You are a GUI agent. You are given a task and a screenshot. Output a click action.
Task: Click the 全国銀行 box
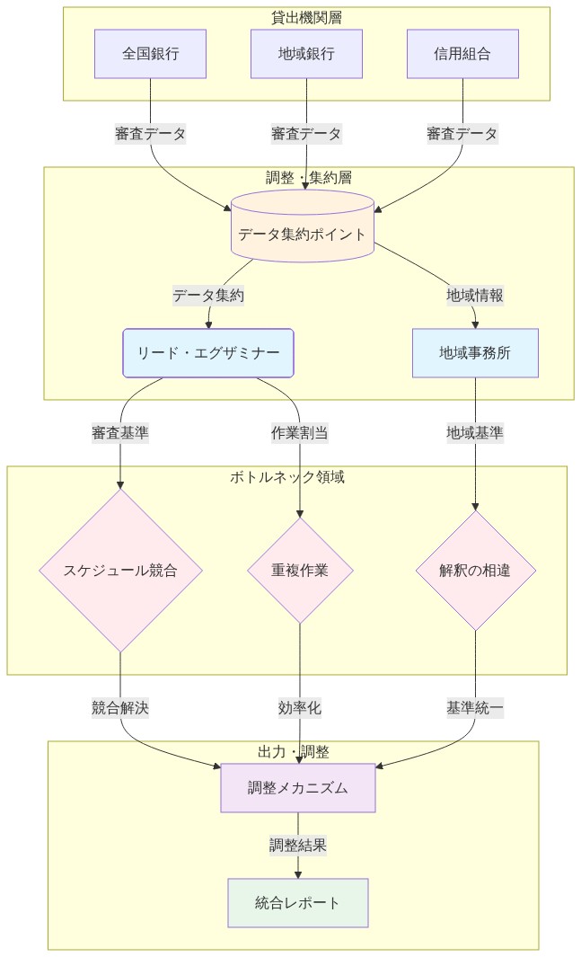tap(150, 54)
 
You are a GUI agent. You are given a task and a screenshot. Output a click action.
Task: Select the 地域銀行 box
tap(306, 54)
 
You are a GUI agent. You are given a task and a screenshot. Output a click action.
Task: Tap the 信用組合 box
tap(462, 54)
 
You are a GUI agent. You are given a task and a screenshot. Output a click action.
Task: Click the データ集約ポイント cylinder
tap(302, 235)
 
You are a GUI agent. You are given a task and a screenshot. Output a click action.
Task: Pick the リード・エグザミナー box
tap(208, 353)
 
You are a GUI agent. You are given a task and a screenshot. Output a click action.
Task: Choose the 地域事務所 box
tap(475, 353)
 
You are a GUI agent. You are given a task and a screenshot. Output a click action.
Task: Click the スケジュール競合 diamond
tap(120, 570)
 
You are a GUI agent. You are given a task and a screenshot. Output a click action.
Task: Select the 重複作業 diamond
tap(300, 570)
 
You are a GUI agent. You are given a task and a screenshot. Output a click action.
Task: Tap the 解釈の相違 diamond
tap(475, 570)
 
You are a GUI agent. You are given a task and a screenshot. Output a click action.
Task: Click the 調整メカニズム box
tap(298, 788)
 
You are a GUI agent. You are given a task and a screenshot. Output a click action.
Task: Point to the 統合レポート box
tap(298, 902)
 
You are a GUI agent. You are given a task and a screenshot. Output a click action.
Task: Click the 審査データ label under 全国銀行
tap(150, 134)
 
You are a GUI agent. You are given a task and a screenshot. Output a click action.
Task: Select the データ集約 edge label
tap(208, 295)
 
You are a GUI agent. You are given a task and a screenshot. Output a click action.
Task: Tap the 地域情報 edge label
tap(475, 295)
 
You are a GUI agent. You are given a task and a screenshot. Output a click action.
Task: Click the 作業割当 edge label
tap(300, 432)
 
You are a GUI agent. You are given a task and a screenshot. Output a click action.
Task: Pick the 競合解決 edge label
tap(120, 707)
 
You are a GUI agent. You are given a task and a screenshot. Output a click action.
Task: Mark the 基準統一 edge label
tap(475, 707)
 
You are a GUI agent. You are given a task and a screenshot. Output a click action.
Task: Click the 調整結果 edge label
tap(298, 845)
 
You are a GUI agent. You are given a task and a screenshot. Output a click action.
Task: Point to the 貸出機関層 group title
tap(306, 17)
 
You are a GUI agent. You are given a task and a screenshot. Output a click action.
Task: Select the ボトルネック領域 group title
tap(287, 476)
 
